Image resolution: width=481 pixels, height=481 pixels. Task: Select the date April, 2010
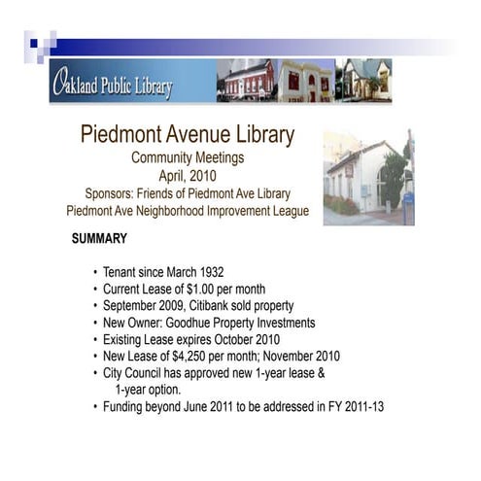(x=188, y=176)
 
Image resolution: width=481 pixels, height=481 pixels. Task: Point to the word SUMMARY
(x=99, y=237)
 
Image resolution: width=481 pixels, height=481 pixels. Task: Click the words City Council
(x=139, y=373)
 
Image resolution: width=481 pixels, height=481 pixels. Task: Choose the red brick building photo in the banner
(x=245, y=81)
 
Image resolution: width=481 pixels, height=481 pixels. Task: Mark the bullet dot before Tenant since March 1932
(x=94, y=272)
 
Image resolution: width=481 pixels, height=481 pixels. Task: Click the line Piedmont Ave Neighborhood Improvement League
(x=188, y=211)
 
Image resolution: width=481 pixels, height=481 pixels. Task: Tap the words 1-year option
(x=152, y=390)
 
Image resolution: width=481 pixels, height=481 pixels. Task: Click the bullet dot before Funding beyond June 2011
(x=94, y=407)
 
